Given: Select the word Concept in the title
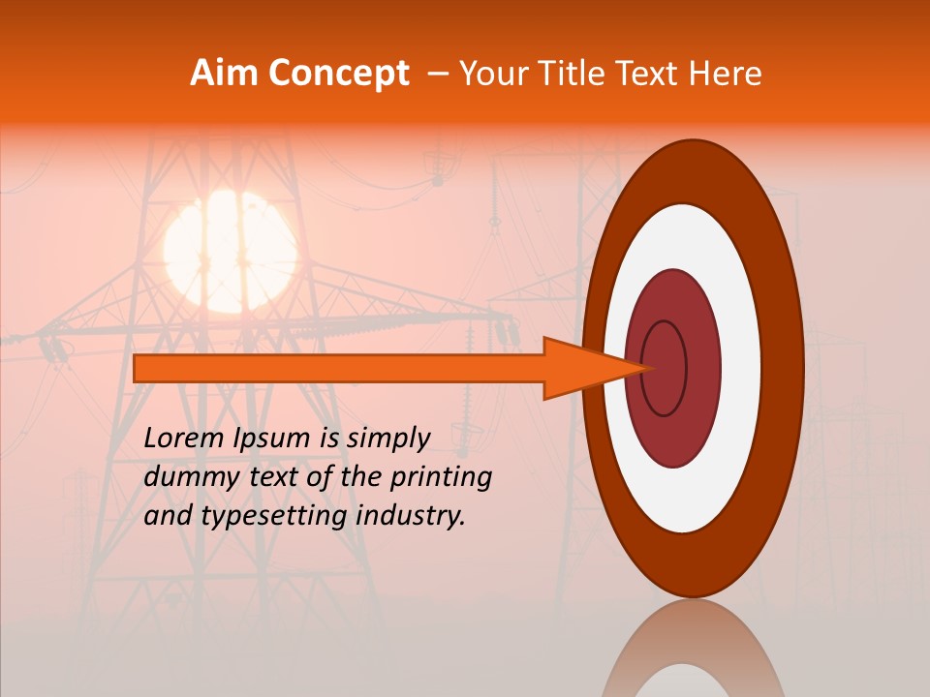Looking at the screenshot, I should pos(338,74).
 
